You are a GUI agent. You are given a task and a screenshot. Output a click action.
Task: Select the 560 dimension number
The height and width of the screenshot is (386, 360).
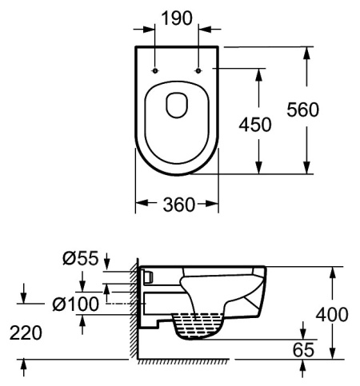(328, 110)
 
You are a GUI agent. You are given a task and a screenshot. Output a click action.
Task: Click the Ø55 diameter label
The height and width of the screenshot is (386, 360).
(82, 259)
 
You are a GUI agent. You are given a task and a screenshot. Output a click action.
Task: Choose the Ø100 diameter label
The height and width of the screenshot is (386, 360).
(76, 304)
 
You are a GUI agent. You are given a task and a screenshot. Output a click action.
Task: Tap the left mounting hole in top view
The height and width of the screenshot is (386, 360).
(156, 70)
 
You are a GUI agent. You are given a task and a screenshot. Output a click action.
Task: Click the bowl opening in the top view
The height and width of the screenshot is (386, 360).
(177, 105)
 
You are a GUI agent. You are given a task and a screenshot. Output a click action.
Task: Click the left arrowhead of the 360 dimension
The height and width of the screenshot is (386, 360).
(138, 205)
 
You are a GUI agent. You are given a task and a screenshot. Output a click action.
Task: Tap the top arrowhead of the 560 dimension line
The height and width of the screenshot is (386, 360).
(307, 52)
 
